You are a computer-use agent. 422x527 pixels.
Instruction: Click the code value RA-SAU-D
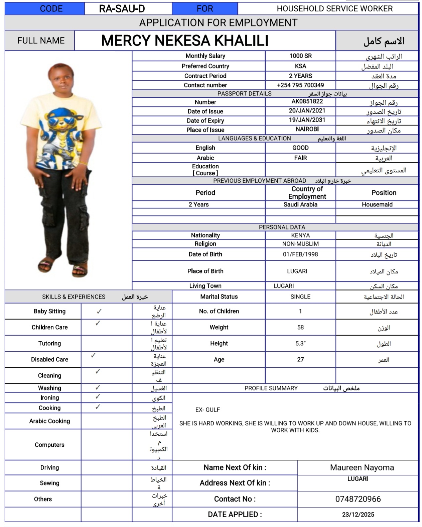[122, 9]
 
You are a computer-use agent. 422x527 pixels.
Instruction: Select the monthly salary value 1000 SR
[300, 56]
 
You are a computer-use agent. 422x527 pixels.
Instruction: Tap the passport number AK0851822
[307, 101]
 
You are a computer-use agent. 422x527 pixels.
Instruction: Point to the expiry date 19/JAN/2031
[307, 120]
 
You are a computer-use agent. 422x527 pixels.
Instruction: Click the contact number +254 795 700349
[300, 85]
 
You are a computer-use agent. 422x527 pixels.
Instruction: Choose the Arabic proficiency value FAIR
[300, 158]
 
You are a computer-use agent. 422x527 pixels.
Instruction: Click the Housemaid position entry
[377, 204]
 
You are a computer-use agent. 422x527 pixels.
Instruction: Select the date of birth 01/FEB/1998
[300, 254]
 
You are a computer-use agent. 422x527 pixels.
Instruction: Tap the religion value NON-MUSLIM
[300, 244]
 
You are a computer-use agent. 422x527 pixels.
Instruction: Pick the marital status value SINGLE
[300, 296]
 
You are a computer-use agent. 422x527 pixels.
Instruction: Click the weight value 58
[300, 327]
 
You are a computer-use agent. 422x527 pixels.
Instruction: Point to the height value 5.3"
[300, 343]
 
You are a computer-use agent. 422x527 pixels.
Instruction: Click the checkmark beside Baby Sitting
[99, 311]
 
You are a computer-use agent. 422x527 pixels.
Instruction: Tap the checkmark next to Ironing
[98, 397]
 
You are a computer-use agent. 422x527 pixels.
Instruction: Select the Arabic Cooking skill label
[49, 421]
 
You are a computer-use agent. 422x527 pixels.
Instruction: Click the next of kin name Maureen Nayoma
[362, 467]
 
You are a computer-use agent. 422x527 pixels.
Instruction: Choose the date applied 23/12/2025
[358, 514]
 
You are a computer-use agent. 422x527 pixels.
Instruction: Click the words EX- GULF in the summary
[207, 410]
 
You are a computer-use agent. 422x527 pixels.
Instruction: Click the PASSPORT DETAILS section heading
[244, 94]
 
